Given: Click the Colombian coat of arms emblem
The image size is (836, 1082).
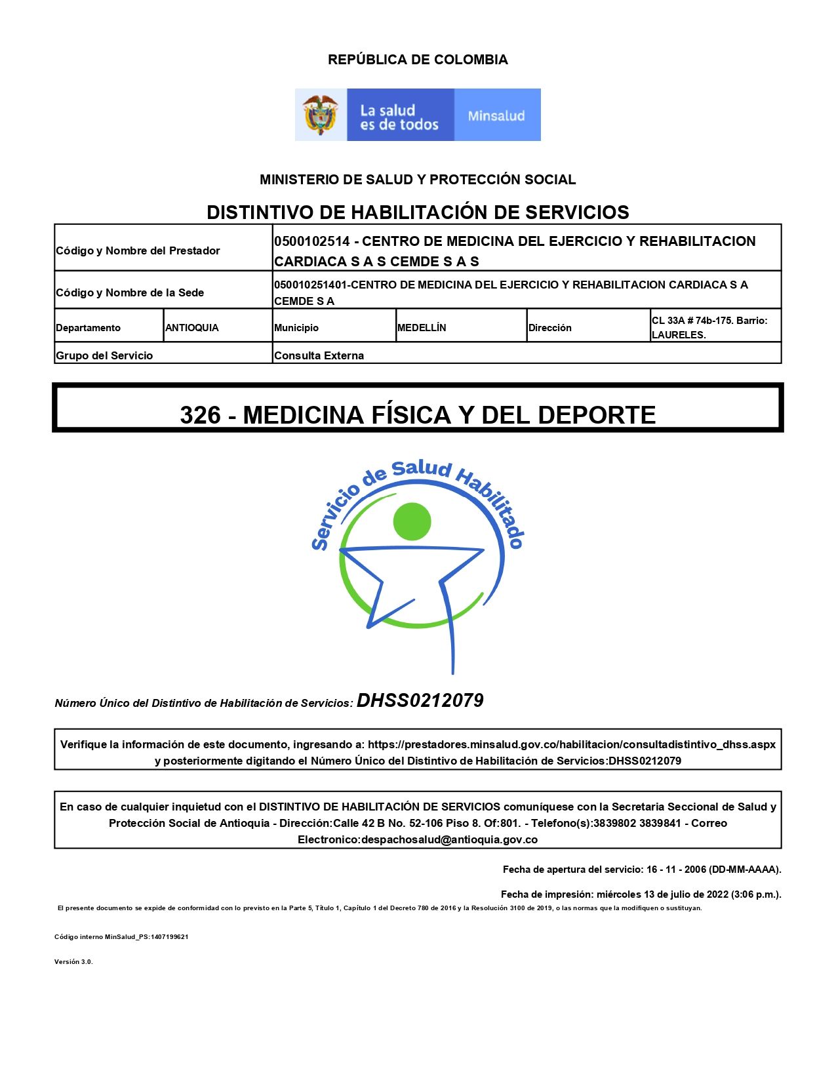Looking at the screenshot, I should pos(320,115).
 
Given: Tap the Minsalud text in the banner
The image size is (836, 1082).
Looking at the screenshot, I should pos(496,116).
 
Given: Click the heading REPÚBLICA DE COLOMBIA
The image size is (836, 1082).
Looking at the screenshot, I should pos(418,60).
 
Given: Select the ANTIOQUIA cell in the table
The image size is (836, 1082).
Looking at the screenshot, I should pos(192,328).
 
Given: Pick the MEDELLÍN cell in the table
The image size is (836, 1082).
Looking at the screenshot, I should pos(422,328).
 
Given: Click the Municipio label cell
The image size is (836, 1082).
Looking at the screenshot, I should pos(296,328).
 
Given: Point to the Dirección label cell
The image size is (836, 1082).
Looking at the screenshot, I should pos(550,328).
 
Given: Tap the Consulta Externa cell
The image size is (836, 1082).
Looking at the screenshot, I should pos(319,355).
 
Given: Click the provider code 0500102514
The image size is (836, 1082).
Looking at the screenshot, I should pos(312,241).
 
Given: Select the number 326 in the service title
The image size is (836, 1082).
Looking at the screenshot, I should pos(200,415).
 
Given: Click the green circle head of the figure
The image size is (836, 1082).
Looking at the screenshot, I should pos(412,521).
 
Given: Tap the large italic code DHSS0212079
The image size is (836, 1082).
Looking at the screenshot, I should pos(420,701).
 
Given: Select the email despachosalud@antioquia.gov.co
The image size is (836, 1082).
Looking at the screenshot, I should pos(449,839).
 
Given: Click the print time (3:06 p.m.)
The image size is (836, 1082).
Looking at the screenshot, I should pos(754,894).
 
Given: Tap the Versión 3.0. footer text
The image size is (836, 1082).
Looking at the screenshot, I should pos(73,961).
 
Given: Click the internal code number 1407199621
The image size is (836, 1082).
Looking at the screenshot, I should pos(169,936).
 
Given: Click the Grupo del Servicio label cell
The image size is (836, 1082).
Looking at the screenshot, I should pos(104,355).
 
